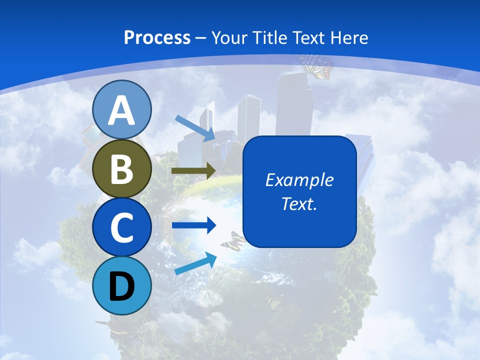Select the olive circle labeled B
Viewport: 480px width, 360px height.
pos(122,169)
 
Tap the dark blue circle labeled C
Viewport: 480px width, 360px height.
pos(122,227)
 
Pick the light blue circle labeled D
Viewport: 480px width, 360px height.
pos(122,285)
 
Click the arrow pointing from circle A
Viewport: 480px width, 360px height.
pos(195,127)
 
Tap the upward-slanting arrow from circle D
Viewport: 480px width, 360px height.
pos(195,263)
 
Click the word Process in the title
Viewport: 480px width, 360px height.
pos(157,38)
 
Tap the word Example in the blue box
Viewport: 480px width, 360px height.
pos(299,180)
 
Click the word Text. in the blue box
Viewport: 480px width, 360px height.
pos(299,203)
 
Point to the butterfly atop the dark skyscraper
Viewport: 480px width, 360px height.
pos(317,66)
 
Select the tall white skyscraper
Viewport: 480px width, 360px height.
pos(248,120)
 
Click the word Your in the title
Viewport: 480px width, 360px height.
pos(229,38)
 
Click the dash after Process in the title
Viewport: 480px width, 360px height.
pos(200,38)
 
